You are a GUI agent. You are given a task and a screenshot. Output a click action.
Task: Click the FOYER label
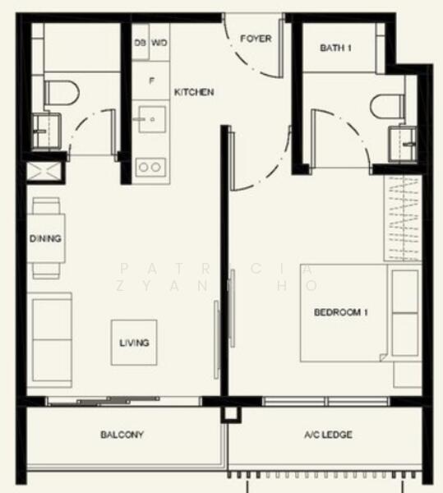coord(256,39)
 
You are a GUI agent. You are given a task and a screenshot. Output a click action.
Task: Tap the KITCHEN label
coord(194,92)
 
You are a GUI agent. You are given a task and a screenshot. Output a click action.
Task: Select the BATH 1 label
coord(335,48)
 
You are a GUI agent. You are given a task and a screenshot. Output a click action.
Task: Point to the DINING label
coord(45,239)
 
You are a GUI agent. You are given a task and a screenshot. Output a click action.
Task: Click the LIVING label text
coord(134,343)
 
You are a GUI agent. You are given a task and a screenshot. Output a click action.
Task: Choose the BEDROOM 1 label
coord(340,312)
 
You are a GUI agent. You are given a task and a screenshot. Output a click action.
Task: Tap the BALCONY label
coord(122,434)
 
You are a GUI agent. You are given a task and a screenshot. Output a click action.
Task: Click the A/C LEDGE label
coord(327,434)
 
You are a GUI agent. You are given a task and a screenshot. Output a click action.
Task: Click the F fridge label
coord(151,81)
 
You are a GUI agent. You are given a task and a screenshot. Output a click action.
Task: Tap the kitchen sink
coord(151,120)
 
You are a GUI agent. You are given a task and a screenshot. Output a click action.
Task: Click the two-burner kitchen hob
coord(150,167)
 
